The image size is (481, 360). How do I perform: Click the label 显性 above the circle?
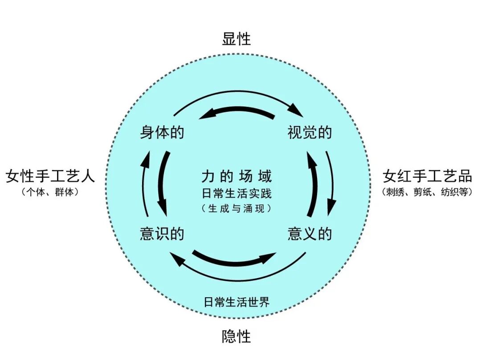tap(236, 39)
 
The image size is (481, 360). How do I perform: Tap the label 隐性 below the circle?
tap(236, 336)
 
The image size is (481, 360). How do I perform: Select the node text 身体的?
tap(162, 132)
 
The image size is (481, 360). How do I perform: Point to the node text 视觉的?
tap(310, 132)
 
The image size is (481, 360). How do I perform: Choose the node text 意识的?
tap(162, 233)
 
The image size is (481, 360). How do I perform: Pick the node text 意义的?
tap(310, 233)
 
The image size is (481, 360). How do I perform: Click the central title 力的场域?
tap(236, 177)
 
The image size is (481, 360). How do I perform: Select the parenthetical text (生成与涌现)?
tap(236, 208)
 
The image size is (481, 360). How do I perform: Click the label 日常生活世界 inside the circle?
tap(236, 302)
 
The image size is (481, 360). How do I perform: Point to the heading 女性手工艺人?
tap(50, 176)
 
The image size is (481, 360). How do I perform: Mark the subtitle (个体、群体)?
tap(50, 192)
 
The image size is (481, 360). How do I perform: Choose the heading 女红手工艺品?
tap(427, 176)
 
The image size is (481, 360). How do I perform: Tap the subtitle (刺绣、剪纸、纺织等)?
tap(427, 192)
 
